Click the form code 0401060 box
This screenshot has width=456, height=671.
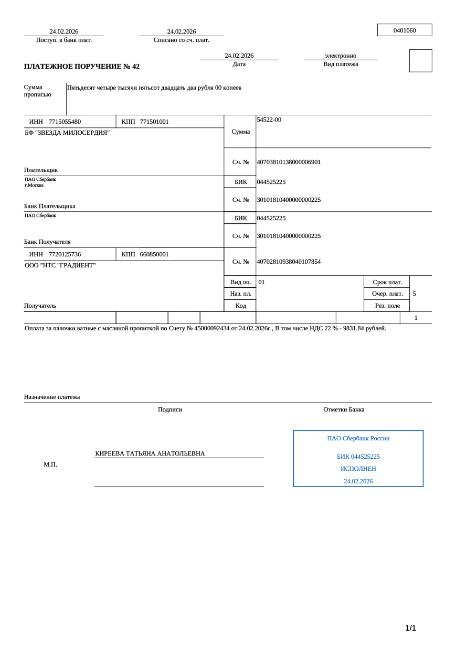405,30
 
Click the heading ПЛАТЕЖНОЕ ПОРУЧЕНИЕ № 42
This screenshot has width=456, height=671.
82,67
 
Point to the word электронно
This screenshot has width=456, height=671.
341,56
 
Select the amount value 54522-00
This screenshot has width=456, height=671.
269,120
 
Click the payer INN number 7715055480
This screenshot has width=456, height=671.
65,122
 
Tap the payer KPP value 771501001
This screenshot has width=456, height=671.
154,122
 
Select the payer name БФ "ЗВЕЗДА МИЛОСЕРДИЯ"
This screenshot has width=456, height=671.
67,133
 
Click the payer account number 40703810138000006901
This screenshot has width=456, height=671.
289,162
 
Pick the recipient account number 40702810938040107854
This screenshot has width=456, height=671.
289,262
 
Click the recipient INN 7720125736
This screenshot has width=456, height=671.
65,254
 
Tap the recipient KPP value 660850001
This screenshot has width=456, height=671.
154,254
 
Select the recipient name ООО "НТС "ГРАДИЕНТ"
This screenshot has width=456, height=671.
60,265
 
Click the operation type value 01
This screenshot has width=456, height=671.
261,282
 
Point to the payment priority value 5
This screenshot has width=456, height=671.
415,294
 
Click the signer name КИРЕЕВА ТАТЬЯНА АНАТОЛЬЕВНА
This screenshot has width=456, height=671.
150,453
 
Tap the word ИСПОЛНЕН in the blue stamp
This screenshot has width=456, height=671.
358,469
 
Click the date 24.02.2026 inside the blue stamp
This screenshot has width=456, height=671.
358,481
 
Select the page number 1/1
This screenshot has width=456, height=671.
410,628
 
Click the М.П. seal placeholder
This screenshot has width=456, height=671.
50,464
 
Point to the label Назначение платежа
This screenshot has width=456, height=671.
52,397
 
